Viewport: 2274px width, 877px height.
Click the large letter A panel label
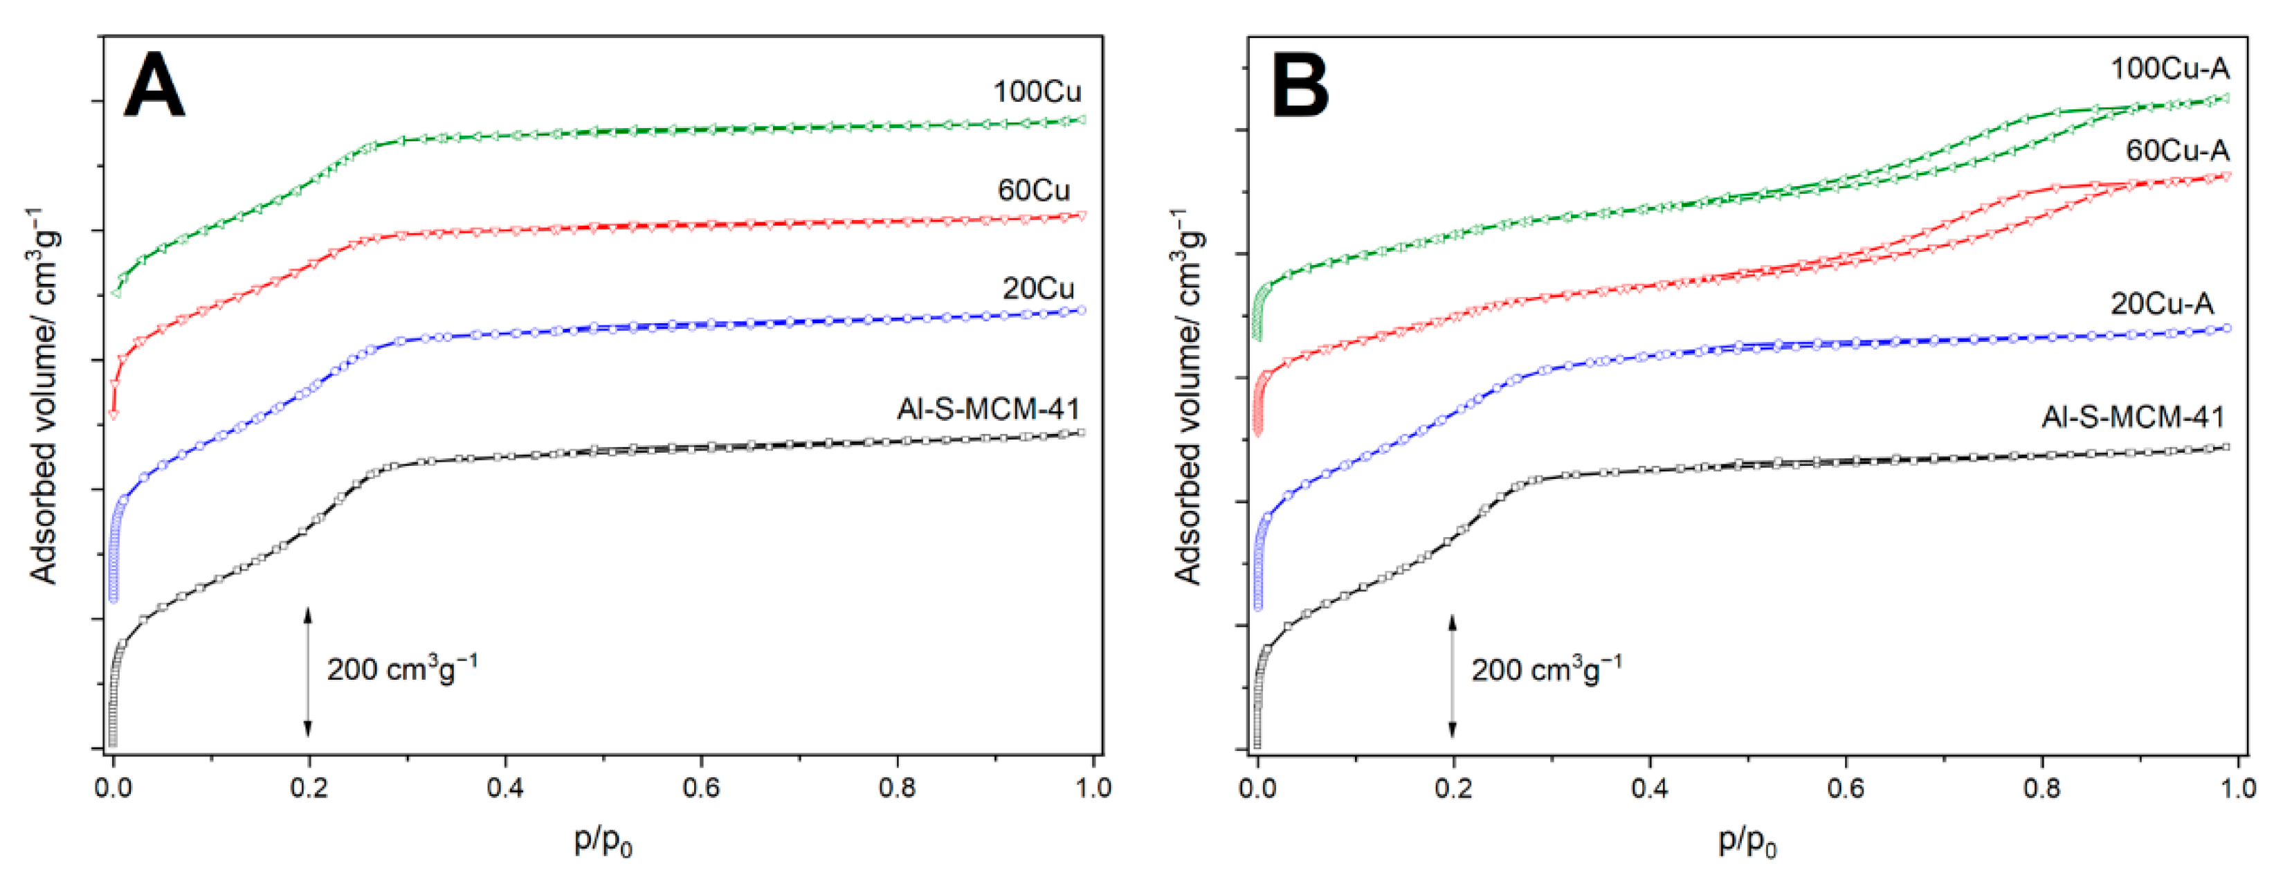(x=154, y=86)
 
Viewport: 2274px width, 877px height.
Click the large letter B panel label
(x=1300, y=86)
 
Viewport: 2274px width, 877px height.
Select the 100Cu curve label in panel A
(x=1037, y=92)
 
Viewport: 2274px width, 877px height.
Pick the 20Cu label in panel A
(x=1037, y=288)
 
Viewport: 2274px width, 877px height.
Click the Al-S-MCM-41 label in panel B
(x=2133, y=417)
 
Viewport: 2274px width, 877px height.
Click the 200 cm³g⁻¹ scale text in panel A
(x=401, y=669)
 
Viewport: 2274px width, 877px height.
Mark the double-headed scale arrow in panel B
(x=1452, y=676)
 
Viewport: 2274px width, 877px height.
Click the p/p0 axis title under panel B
(x=1747, y=841)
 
